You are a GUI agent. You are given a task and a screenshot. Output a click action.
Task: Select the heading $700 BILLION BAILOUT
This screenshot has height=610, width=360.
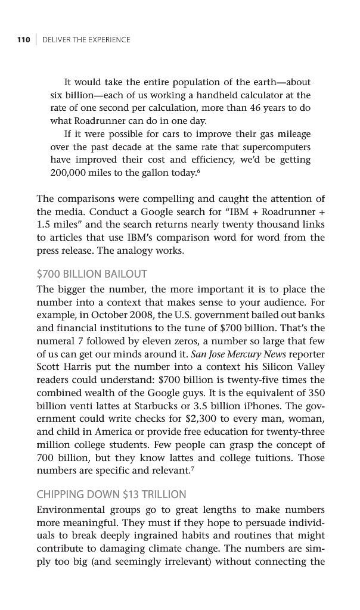pyautogui.click(x=92, y=274)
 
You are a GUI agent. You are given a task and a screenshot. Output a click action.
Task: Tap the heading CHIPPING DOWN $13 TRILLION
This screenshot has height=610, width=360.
pyautogui.click(x=111, y=494)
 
